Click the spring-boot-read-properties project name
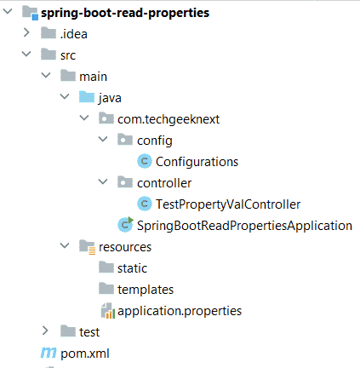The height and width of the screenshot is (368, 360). click(x=125, y=13)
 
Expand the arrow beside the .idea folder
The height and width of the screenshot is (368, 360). click(x=26, y=32)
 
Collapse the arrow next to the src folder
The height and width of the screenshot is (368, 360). click(x=26, y=54)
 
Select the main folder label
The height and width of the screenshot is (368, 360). click(x=93, y=77)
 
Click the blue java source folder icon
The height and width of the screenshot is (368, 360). click(x=87, y=97)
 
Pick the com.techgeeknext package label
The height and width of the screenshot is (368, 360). click(x=169, y=119)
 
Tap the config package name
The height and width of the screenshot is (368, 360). click(x=155, y=141)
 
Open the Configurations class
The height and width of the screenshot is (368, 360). click(x=197, y=162)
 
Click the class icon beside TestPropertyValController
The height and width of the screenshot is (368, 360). click(x=145, y=204)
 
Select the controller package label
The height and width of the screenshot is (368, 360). click(x=164, y=183)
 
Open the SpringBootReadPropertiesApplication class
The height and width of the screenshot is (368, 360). click(x=244, y=226)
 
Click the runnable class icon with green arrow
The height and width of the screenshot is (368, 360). click(x=125, y=225)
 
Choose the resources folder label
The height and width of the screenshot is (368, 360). click(x=125, y=247)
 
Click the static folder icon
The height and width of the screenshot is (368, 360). click(x=106, y=267)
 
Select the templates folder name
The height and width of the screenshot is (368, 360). click(x=146, y=290)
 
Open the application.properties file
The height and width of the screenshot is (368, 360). click(x=180, y=311)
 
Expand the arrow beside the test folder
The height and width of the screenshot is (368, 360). click(x=45, y=331)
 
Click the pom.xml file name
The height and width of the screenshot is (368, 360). click(x=85, y=354)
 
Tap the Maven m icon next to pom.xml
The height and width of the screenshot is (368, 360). click(x=49, y=353)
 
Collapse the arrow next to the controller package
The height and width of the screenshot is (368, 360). click(x=103, y=181)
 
